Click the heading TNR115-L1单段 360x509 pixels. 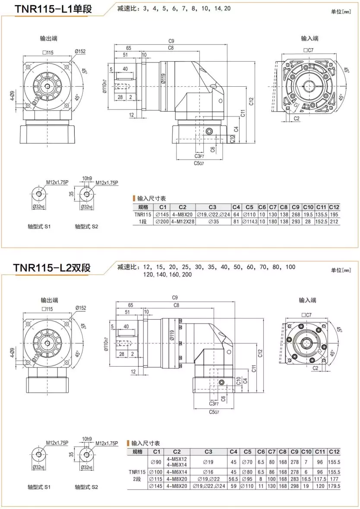(x=53, y=9)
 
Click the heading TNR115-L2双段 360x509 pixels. (x=52, y=268)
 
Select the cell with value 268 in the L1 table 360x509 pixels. (x=295, y=214)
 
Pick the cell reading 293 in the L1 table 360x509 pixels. (x=295, y=222)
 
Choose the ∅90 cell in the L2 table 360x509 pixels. (x=155, y=462)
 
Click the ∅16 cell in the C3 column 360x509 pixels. (x=208, y=472)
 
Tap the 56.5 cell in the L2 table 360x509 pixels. (x=233, y=479)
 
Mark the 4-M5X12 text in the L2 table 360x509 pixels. (x=177, y=459)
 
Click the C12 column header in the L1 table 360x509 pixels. (x=334, y=207)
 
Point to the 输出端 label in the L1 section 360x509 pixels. (x=48, y=38)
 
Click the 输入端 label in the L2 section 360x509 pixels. (x=307, y=300)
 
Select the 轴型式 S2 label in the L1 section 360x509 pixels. (x=86, y=226)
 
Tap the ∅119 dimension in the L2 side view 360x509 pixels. (x=172, y=336)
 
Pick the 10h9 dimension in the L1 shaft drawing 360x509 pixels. (x=87, y=179)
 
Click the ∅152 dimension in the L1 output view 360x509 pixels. (x=80, y=51)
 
